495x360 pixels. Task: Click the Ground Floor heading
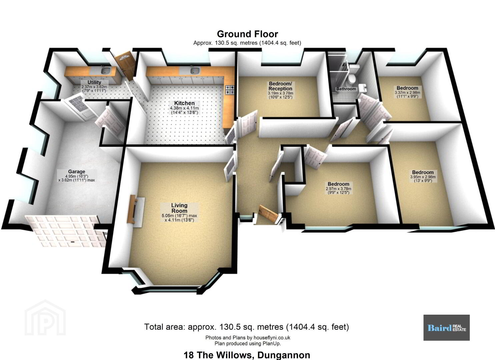247,34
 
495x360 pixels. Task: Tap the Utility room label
94,82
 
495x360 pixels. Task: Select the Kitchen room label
184,103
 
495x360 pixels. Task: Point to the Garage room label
76,171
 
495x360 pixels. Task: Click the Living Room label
179,208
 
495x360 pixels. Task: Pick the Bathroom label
346,89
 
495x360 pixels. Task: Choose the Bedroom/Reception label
280,86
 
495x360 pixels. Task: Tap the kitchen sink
195,71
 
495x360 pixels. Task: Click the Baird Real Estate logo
446,328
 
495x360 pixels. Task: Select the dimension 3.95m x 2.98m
423,177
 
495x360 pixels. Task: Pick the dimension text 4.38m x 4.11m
184,108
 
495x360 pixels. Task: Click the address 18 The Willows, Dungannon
247,355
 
